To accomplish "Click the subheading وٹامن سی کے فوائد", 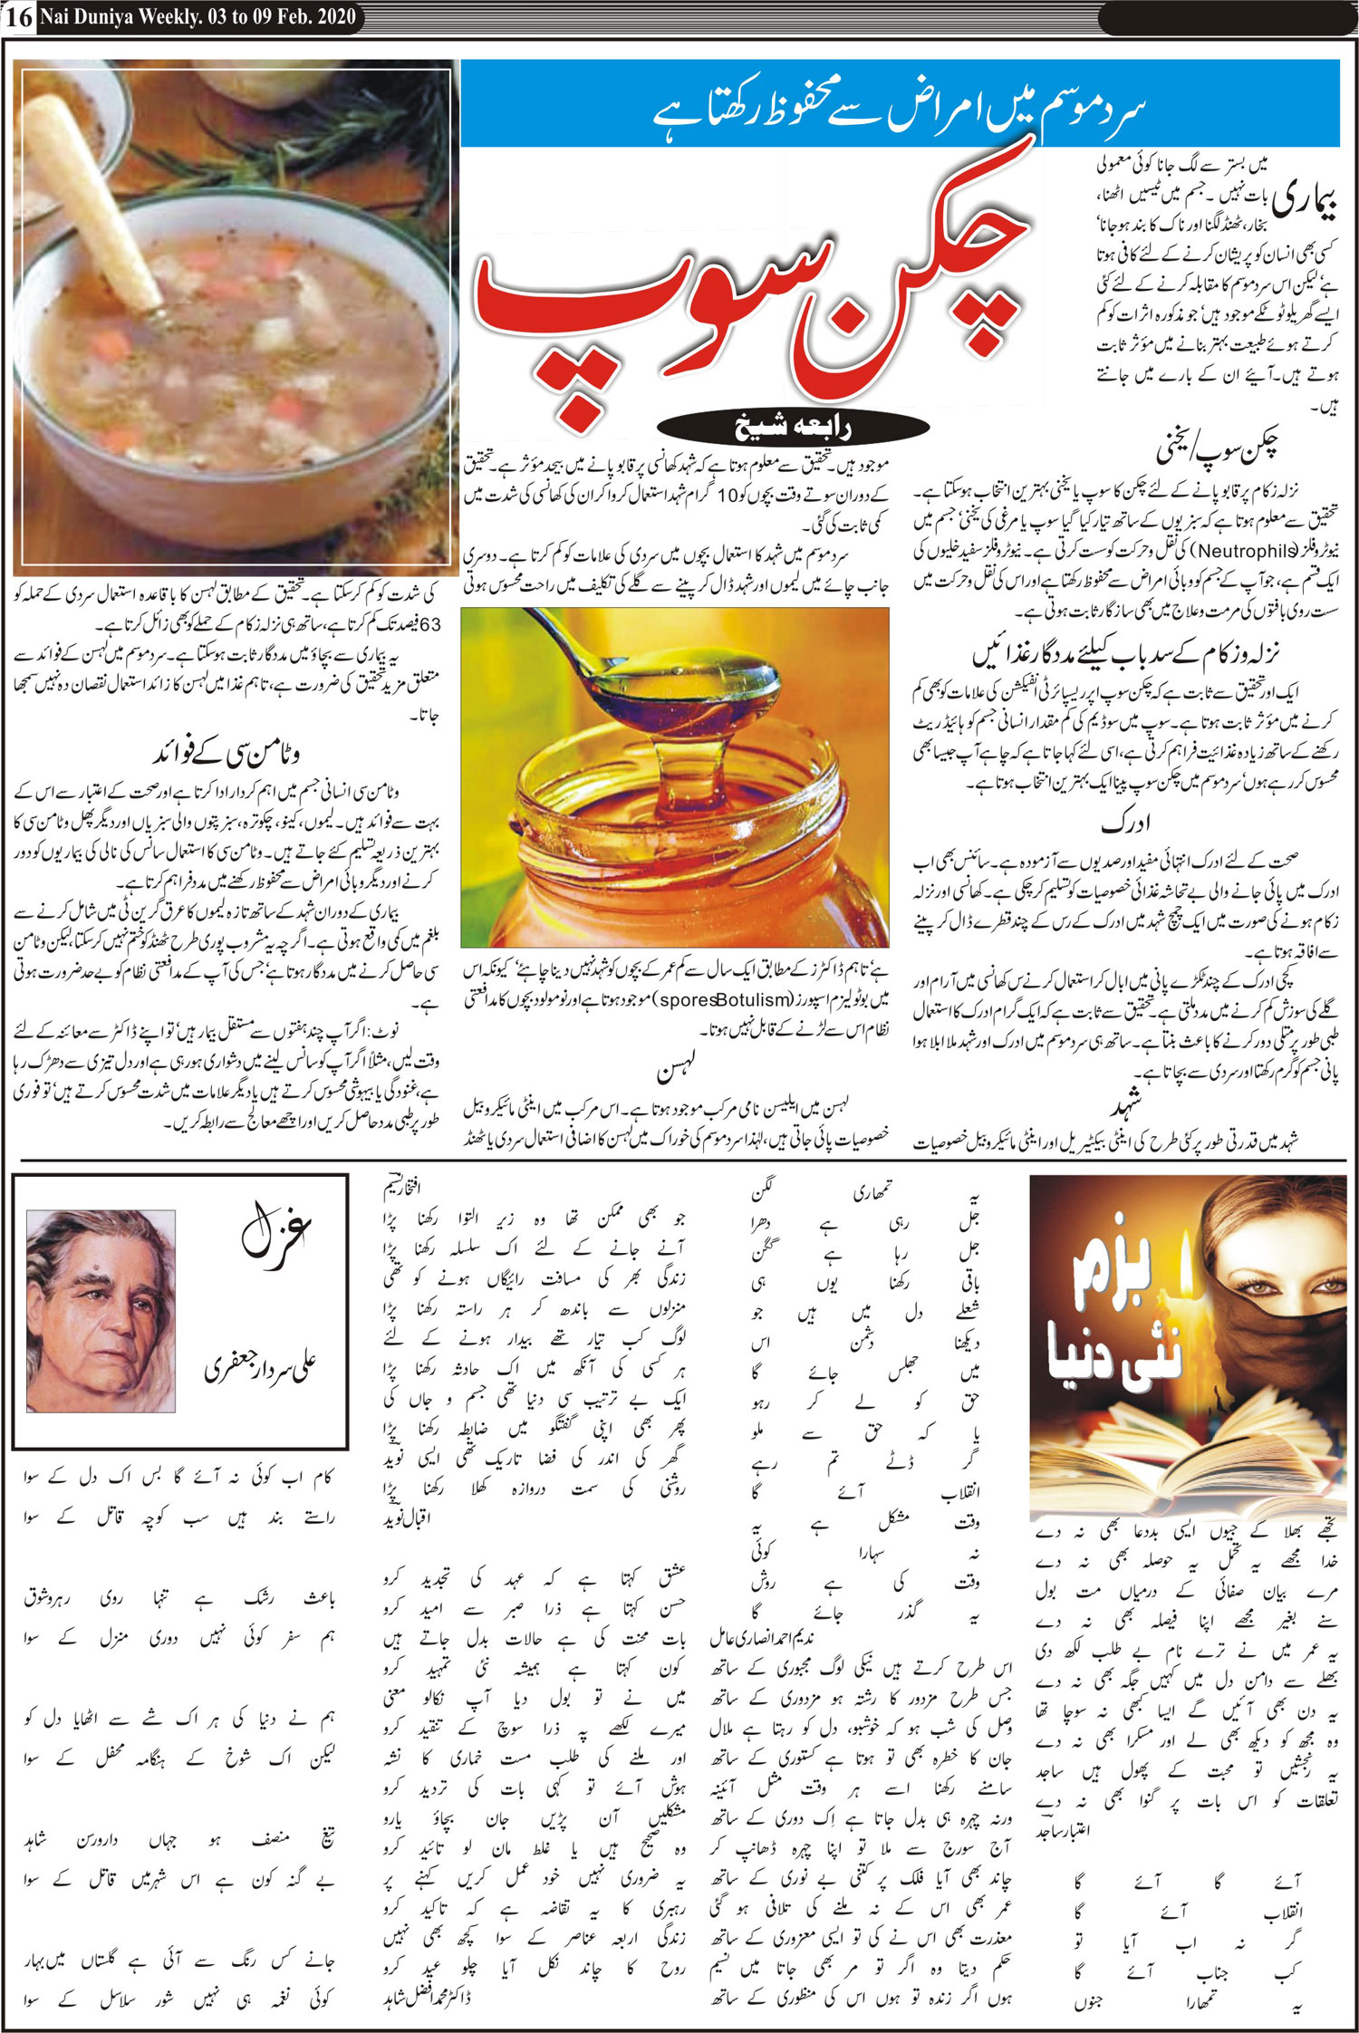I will point(226,753).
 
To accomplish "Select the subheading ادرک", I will point(1126,824).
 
